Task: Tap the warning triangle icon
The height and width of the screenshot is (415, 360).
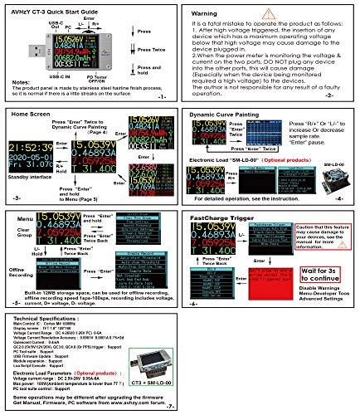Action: pos(263,14)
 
